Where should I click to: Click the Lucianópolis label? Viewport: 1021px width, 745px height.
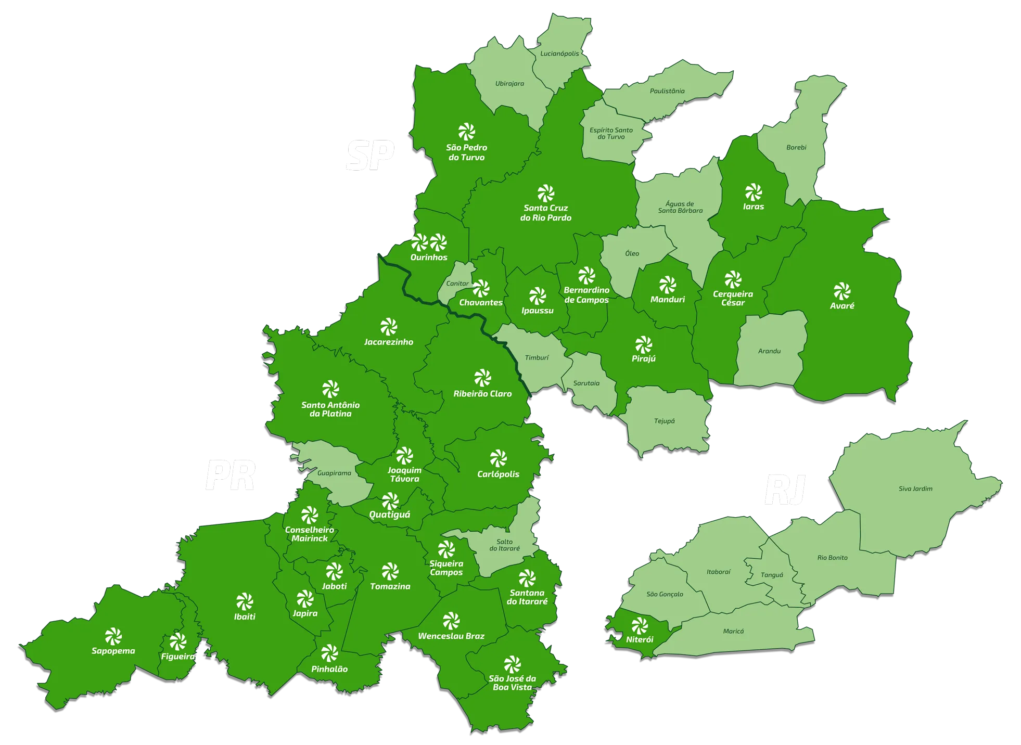[559, 54]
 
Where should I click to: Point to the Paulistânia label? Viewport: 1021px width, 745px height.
[667, 91]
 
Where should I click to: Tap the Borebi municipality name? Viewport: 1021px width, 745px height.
[796, 148]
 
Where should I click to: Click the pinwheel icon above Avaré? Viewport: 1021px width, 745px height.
[841, 291]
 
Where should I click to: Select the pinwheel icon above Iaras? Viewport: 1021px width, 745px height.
[753, 192]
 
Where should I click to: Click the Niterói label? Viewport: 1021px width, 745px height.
[640, 639]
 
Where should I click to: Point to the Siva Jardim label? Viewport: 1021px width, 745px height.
[915, 489]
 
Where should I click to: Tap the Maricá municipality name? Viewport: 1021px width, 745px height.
[733, 632]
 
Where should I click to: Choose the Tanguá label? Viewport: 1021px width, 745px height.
[772, 575]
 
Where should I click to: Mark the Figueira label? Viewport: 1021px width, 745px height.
[177, 657]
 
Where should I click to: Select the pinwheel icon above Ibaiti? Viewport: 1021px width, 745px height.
[244, 602]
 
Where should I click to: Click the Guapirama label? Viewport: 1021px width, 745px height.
[334, 473]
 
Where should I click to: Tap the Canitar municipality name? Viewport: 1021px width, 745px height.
[457, 284]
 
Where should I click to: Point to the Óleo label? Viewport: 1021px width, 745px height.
[632, 253]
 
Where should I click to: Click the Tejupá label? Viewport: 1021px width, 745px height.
[664, 421]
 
